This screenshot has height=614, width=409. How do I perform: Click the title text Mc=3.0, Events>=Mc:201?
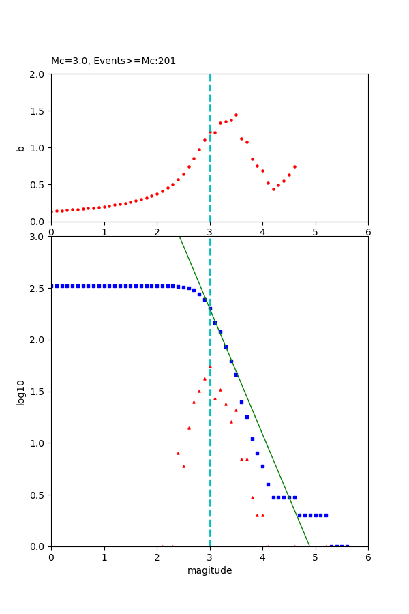coord(113,61)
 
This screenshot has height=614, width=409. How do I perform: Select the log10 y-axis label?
coord(21,392)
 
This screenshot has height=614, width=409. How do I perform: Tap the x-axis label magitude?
coord(209,571)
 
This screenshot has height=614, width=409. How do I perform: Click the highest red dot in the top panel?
coord(236,115)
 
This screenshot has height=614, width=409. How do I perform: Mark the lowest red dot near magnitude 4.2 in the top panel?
coord(273,189)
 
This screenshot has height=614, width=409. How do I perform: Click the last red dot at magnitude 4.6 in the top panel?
coord(294,166)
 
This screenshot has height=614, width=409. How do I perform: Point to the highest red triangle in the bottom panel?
coord(210,366)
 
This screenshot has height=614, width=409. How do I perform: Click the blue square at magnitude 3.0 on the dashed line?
coord(210,308)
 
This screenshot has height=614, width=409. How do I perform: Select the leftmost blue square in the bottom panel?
coord(52,286)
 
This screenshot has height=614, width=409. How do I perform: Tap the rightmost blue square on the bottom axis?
coord(347,546)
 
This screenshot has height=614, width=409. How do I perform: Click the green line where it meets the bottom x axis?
coord(309,546)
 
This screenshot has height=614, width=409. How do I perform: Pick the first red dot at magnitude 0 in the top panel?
coord(52,211)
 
